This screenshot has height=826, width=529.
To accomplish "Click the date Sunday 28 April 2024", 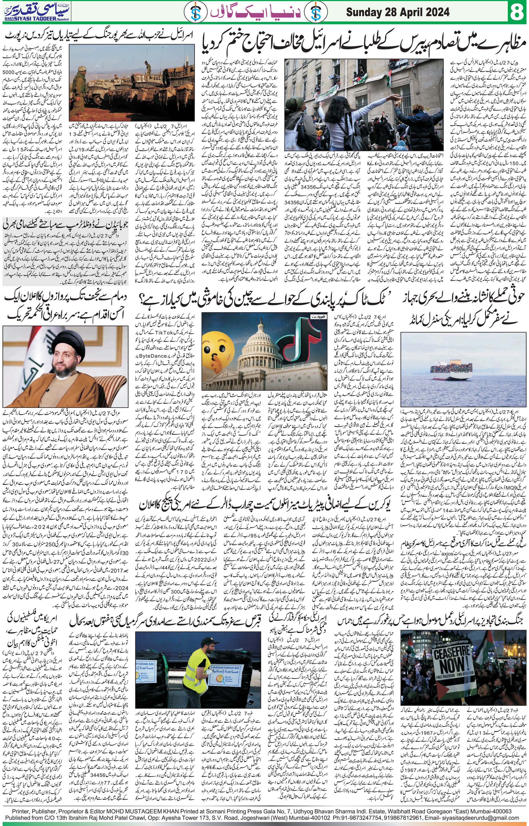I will point(397,13).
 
